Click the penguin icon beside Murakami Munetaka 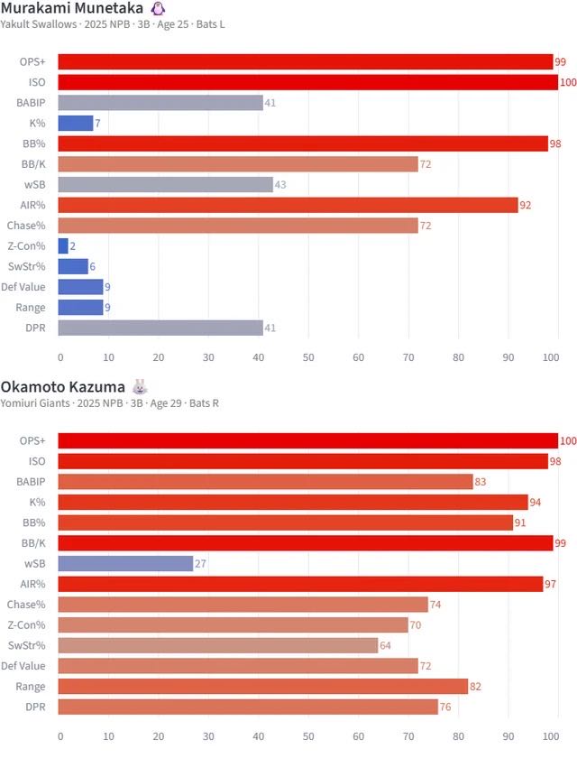[x=158, y=8]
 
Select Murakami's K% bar [x=76, y=123]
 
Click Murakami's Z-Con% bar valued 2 [x=63, y=245]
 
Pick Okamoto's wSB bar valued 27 [x=126, y=563]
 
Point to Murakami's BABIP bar [x=160, y=103]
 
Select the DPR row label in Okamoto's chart [x=35, y=707]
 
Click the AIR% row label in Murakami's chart [x=33, y=205]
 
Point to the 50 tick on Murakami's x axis [x=308, y=357]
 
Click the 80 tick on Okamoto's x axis [x=458, y=736]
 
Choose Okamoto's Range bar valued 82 [x=263, y=686]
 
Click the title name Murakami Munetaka [x=72, y=8]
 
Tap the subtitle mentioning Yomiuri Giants [x=109, y=403]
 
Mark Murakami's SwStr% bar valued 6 [x=73, y=266]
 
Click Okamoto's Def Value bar [x=238, y=666]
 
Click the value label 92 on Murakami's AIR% [x=525, y=205]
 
